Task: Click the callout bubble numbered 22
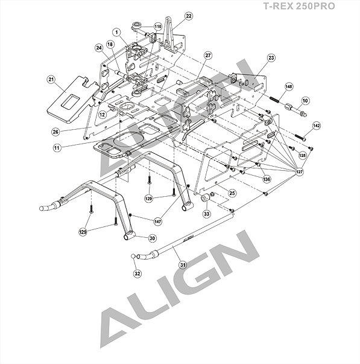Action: (x=189, y=16)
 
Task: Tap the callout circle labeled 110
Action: (x=158, y=27)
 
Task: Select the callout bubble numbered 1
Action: (x=116, y=32)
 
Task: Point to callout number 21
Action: (x=51, y=79)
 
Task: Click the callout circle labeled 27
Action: (x=208, y=56)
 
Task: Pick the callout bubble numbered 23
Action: (x=271, y=57)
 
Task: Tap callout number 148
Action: (x=289, y=86)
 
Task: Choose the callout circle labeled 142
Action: (x=317, y=126)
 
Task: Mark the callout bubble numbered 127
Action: (x=299, y=172)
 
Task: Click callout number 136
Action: (x=267, y=179)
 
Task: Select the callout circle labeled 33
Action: (x=207, y=213)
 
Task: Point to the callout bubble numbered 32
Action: (x=137, y=273)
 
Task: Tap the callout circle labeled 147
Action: (x=158, y=222)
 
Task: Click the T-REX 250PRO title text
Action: (x=299, y=6)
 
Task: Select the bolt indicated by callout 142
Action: (x=300, y=137)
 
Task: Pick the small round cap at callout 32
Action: (x=133, y=256)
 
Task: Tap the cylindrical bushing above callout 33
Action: (x=205, y=198)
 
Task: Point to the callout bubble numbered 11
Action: (x=57, y=148)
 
